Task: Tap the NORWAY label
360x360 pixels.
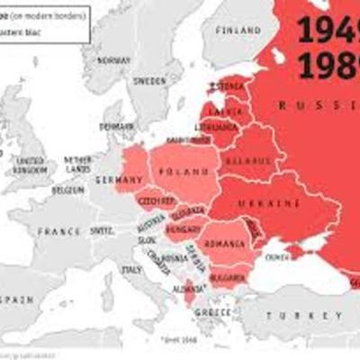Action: coord(114,60)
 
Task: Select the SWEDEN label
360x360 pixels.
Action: coord(149,80)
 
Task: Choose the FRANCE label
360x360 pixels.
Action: coord(59,231)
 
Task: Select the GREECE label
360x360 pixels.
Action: coord(213,313)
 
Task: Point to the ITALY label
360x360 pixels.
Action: coord(131,268)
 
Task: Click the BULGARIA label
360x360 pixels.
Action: coord(227,278)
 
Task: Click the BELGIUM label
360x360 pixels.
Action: coord(68,190)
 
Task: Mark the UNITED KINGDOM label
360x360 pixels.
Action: coord(30,164)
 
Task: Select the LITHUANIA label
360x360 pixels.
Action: coord(220,127)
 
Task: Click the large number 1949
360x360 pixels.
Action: coord(328,31)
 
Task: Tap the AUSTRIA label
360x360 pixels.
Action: coord(151,218)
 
